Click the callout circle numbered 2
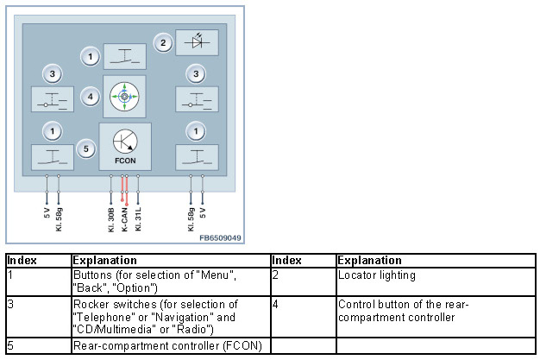[162, 41]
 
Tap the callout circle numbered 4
[91, 97]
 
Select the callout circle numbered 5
[85, 148]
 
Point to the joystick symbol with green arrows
[124, 97]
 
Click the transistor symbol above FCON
[124, 142]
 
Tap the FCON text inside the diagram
[124, 161]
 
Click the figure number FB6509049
[220, 237]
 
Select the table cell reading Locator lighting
[371, 275]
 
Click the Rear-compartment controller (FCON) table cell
[168, 346]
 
